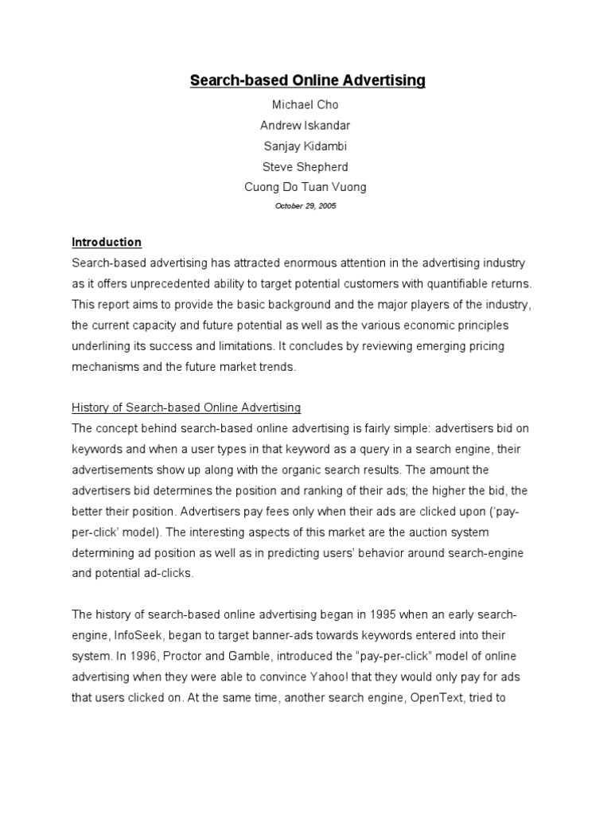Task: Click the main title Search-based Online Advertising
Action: coord(307,80)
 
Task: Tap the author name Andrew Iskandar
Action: coord(306,125)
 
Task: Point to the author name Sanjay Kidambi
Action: coord(306,146)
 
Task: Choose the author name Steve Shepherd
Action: coord(306,166)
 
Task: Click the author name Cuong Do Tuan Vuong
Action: coord(306,187)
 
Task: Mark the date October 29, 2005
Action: coord(306,205)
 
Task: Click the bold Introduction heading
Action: coord(107,242)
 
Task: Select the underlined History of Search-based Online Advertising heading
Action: coord(186,407)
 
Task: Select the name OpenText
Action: coord(434,697)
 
